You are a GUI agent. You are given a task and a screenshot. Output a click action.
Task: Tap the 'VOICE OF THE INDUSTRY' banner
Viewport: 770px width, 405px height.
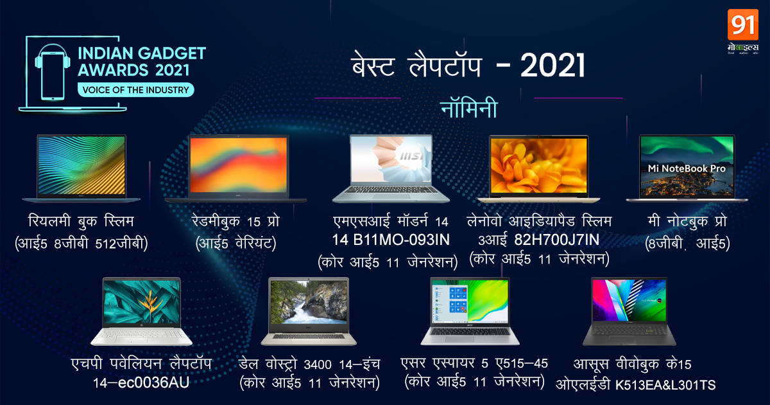(133, 90)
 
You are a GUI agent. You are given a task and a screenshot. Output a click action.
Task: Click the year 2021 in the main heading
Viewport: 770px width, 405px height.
(552, 66)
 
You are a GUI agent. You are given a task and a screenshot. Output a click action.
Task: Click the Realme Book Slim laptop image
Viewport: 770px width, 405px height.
(81, 168)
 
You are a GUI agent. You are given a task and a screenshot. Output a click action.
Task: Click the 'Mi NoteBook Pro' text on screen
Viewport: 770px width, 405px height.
(687, 168)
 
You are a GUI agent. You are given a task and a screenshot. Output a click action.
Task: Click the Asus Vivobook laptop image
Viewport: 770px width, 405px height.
(629, 311)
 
